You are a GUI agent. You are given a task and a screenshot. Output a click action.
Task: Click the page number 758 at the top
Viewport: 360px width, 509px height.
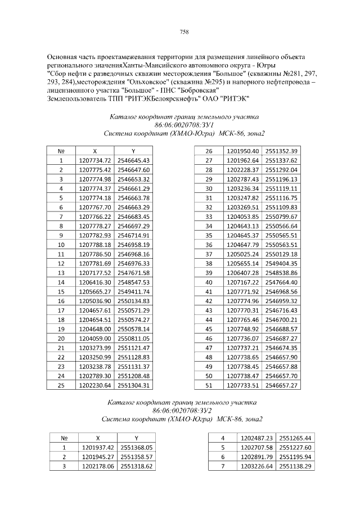tap(184, 31)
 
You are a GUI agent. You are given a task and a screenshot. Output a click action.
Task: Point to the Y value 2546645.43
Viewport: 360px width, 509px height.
tap(133, 160)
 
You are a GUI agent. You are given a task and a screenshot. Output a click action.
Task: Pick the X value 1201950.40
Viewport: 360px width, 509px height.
tap(242, 151)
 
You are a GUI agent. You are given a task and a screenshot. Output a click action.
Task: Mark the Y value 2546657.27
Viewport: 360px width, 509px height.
tap(281, 385)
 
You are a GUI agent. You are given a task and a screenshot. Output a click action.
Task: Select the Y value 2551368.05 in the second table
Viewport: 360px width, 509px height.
tap(137, 447)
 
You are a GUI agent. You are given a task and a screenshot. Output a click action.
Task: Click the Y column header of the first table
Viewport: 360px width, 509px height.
tap(133, 151)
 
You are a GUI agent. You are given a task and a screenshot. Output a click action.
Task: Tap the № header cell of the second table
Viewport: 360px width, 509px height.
tap(64, 438)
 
